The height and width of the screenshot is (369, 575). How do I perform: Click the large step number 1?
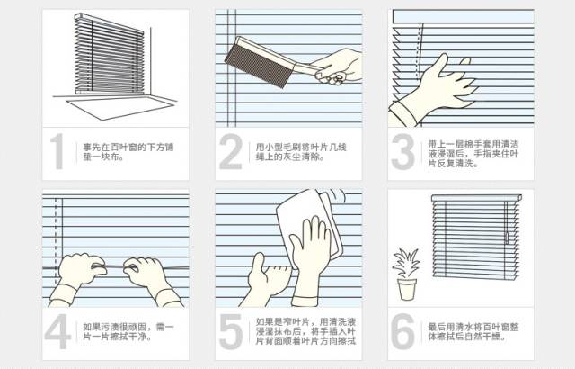(57, 151)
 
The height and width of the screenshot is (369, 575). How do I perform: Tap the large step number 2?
(231, 151)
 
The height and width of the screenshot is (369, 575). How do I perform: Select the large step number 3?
(403, 151)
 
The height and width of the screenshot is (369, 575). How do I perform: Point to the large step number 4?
(57, 331)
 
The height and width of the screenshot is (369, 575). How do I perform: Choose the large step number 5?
(231, 332)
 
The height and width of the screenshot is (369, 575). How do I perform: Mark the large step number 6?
(403, 331)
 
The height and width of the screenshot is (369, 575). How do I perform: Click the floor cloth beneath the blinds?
(119, 108)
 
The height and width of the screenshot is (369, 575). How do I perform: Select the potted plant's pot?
(407, 289)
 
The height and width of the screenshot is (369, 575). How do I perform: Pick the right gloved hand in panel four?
(150, 280)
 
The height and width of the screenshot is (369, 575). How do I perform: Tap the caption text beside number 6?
(473, 332)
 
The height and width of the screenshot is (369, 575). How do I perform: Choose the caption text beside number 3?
(473, 154)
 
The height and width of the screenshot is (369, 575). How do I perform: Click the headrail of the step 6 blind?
(476, 198)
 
